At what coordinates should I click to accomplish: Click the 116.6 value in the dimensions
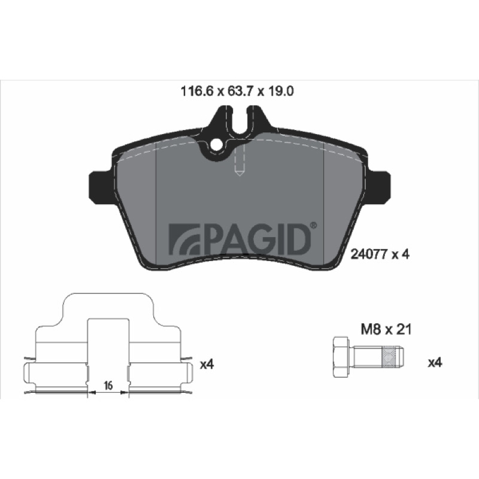coord(196,91)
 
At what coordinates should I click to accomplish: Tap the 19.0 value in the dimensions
coord(280,91)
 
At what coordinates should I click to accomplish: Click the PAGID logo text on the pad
coord(256,240)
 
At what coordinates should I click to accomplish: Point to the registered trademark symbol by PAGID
coord(314,226)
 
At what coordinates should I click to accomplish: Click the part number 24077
coord(369,254)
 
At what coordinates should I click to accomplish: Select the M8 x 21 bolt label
coord(386,330)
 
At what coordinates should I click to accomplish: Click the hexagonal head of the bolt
coord(341,357)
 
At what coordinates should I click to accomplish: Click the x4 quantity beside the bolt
coord(435,363)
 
